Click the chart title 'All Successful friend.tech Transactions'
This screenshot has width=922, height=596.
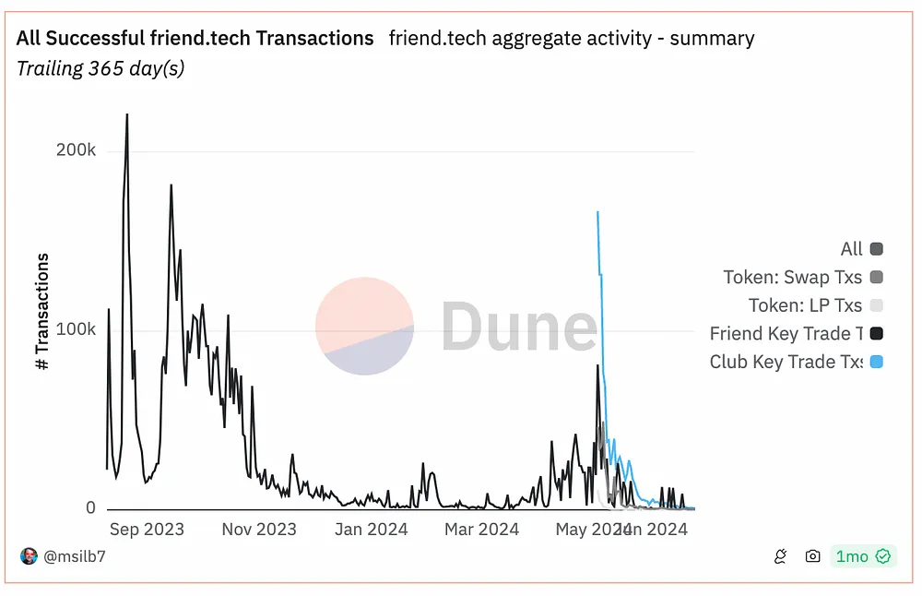click(195, 38)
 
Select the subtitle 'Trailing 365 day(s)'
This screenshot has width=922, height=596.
click(100, 69)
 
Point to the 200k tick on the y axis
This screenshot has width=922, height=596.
click(77, 150)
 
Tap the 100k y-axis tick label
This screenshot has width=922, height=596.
click(77, 329)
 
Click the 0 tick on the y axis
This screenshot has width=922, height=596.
click(90, 507)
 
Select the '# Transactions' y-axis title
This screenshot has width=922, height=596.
click(42, 312)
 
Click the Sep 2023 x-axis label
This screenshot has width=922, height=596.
click(147, 530)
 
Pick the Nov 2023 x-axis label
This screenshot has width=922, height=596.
click(259, 530)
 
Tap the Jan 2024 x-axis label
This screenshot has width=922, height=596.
click(371, 530)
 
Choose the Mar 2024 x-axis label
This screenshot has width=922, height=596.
click(482, 530)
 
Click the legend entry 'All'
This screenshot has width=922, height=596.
click(852, 249)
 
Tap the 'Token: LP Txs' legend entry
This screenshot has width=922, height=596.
click(805, 305)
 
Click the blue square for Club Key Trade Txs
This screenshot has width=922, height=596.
click(876, 362)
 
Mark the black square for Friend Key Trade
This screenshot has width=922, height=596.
click(876, 334)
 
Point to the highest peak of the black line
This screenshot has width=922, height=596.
click(126, 115)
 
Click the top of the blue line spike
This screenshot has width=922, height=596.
click(597, 212)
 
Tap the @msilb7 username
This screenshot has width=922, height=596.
click(75, 556)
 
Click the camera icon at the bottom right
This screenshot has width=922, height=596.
click(812, 556)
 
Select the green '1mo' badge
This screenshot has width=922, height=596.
click(862, 556)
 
